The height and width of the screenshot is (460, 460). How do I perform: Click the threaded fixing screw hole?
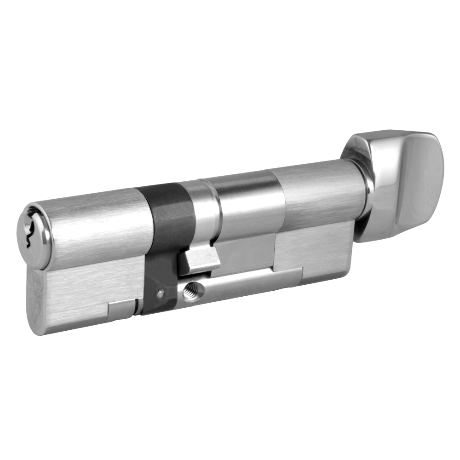point(189,290)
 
